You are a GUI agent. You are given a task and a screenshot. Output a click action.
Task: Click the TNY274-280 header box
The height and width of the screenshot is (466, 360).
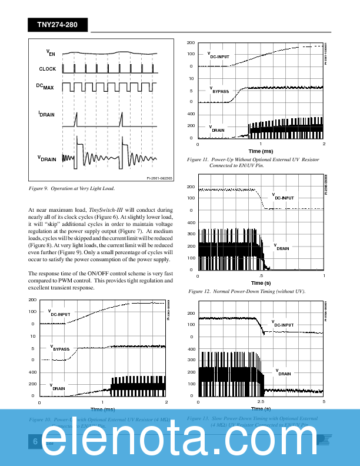pyautogui.click(x=57, y=25)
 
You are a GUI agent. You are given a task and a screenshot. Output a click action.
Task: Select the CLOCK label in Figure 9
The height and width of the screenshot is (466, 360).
pyautogui.click(x=48, y=69)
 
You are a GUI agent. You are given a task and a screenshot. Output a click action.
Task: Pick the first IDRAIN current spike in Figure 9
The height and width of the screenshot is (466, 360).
pyautogui.click(x=75, y=121)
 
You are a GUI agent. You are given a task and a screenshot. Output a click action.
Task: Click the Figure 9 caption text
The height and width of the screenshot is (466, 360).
pyautogui.click(x=71, y=188)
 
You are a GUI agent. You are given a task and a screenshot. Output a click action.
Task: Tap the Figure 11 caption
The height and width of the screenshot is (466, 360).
pyautogui.click(x=254, y=162)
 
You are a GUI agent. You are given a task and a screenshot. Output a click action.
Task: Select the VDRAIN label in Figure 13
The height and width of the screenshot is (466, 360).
pyautogui.click(x=284, y=372)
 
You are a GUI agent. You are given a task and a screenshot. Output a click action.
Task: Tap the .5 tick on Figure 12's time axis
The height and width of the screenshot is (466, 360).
pyautogui.click(x=261, y=276)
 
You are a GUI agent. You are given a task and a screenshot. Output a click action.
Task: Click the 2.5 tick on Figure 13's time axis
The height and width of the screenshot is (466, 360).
pyautogui.click(x=261, y=402)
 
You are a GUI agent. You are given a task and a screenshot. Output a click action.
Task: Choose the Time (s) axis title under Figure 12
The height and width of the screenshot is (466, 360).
pyautogui.click(x=261, y=283)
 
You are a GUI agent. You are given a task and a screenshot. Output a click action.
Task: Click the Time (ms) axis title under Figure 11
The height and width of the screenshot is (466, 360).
pyautogui.click(x=261, y=151)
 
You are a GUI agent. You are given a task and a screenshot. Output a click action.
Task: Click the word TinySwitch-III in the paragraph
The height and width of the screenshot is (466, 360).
pyautogui.click(x=106, y=210)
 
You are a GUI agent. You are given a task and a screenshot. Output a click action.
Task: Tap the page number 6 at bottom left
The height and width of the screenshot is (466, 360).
pyautogui.click(x=35, y=442)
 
